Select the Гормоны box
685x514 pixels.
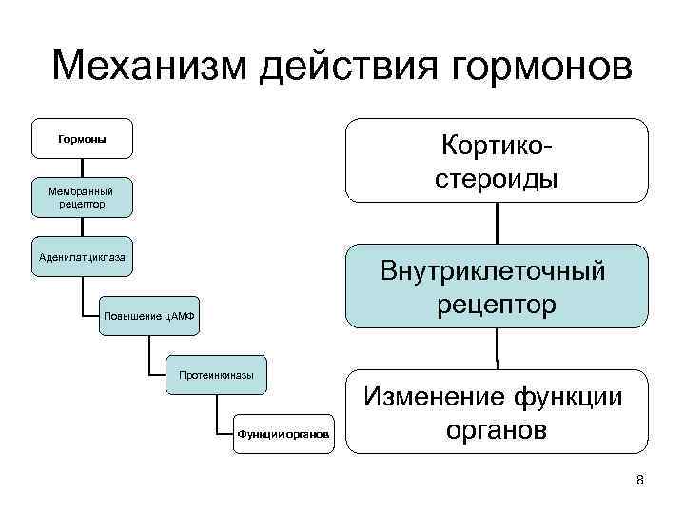coord(82,139)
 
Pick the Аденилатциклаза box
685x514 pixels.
coord(82,257)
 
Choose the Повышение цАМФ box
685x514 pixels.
coord(149,316)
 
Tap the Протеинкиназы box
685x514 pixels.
coord(216,375)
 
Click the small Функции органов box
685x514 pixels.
coord(284,434)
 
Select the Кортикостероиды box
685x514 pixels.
coord(497,161)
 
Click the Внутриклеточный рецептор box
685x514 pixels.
coord(497,287)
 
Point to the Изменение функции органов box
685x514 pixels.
coord(497,411)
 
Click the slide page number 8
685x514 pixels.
coord(640,480)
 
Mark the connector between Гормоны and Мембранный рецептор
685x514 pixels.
coord(83,168)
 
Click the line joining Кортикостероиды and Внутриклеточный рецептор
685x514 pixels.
coord(497,224)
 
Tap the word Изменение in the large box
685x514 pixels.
coord(436,396)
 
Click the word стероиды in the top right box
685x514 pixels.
coord(497,179)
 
